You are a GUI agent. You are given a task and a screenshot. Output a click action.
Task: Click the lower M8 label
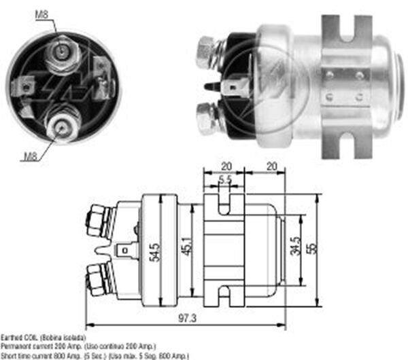tap(30, 156)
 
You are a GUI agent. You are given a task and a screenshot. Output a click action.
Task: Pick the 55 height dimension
tap(312, 249)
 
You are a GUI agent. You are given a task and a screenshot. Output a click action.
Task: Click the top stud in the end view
tap(62, 51)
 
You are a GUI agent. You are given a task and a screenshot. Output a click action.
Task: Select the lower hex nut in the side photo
tap(206, 119)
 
